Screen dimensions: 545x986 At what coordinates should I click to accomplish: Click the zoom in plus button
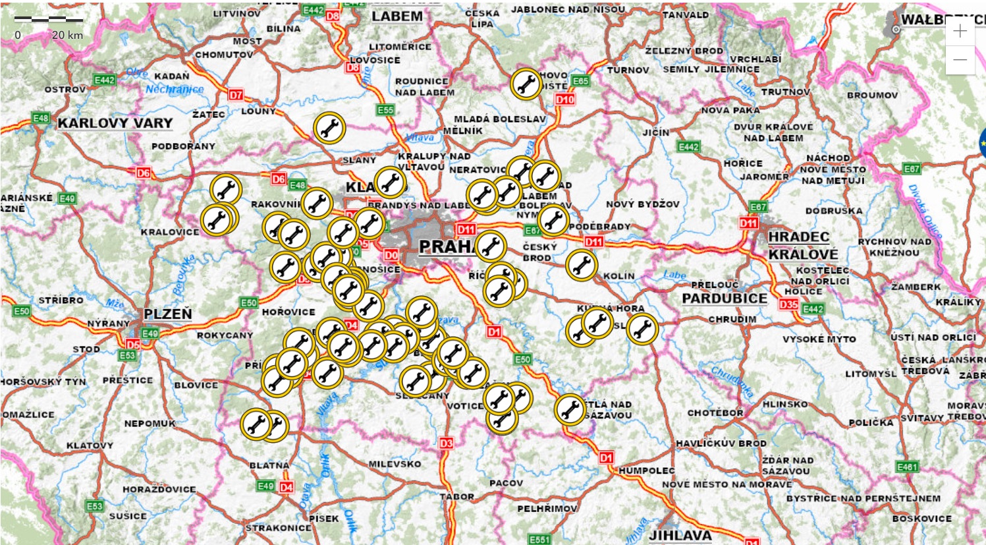point(960,32)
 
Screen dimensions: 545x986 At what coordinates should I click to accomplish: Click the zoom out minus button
point(960,60)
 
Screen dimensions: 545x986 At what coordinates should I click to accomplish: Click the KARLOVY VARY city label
point(115,123)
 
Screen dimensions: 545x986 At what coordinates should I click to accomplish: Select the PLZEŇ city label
point(168,314)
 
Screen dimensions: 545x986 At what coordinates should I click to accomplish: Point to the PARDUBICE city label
point(725,298)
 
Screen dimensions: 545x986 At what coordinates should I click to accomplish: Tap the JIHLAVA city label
point(680,535)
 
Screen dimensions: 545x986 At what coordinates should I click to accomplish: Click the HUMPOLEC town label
point(647,471)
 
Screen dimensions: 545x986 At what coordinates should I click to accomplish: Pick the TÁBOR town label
point(457,496)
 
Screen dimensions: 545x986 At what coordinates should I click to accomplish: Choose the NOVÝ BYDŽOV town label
point(642,204)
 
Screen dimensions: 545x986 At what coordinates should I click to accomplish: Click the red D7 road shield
point(236,95)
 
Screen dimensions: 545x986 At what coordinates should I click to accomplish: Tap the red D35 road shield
point(788,304)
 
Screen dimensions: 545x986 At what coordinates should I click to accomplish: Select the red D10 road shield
point(565,100)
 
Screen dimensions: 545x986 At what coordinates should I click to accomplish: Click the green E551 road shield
point(539,540)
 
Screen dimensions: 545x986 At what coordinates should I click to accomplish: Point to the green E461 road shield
point(907,467)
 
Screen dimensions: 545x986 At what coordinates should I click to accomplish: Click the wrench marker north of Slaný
point(329,128)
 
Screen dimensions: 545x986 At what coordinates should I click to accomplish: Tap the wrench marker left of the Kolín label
point(582,265)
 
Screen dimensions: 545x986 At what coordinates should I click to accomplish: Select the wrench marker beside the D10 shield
point(526,84)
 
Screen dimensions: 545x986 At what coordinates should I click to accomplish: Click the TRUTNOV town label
point(786,92)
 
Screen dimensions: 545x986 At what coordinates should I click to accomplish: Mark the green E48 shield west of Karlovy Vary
point(41,118)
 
